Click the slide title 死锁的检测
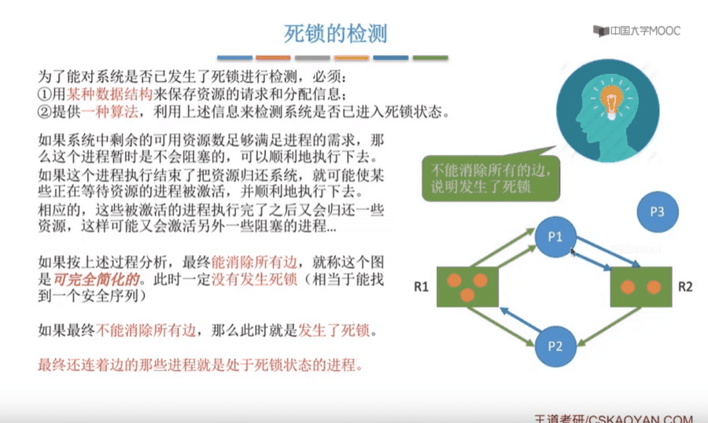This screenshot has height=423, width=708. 335,33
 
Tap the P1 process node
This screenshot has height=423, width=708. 555,237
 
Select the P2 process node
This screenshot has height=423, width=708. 555,346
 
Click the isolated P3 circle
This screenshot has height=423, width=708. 658,211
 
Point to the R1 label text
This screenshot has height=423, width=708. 421,287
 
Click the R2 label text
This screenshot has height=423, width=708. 685,287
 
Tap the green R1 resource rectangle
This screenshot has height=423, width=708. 467,287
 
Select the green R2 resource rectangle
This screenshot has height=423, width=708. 641,287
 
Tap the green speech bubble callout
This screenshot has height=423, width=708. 491,178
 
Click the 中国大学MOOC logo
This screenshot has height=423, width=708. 636,31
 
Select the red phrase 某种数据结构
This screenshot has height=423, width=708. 109,94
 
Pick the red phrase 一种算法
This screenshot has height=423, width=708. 109,112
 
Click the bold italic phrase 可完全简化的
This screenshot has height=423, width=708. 96,279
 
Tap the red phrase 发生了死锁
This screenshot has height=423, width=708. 334,330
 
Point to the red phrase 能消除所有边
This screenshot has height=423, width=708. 254,262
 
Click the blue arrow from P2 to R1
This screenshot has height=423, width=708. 520,320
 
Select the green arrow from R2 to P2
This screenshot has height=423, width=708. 610,327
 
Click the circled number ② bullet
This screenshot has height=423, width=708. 45,112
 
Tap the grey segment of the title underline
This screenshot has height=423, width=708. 312,57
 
